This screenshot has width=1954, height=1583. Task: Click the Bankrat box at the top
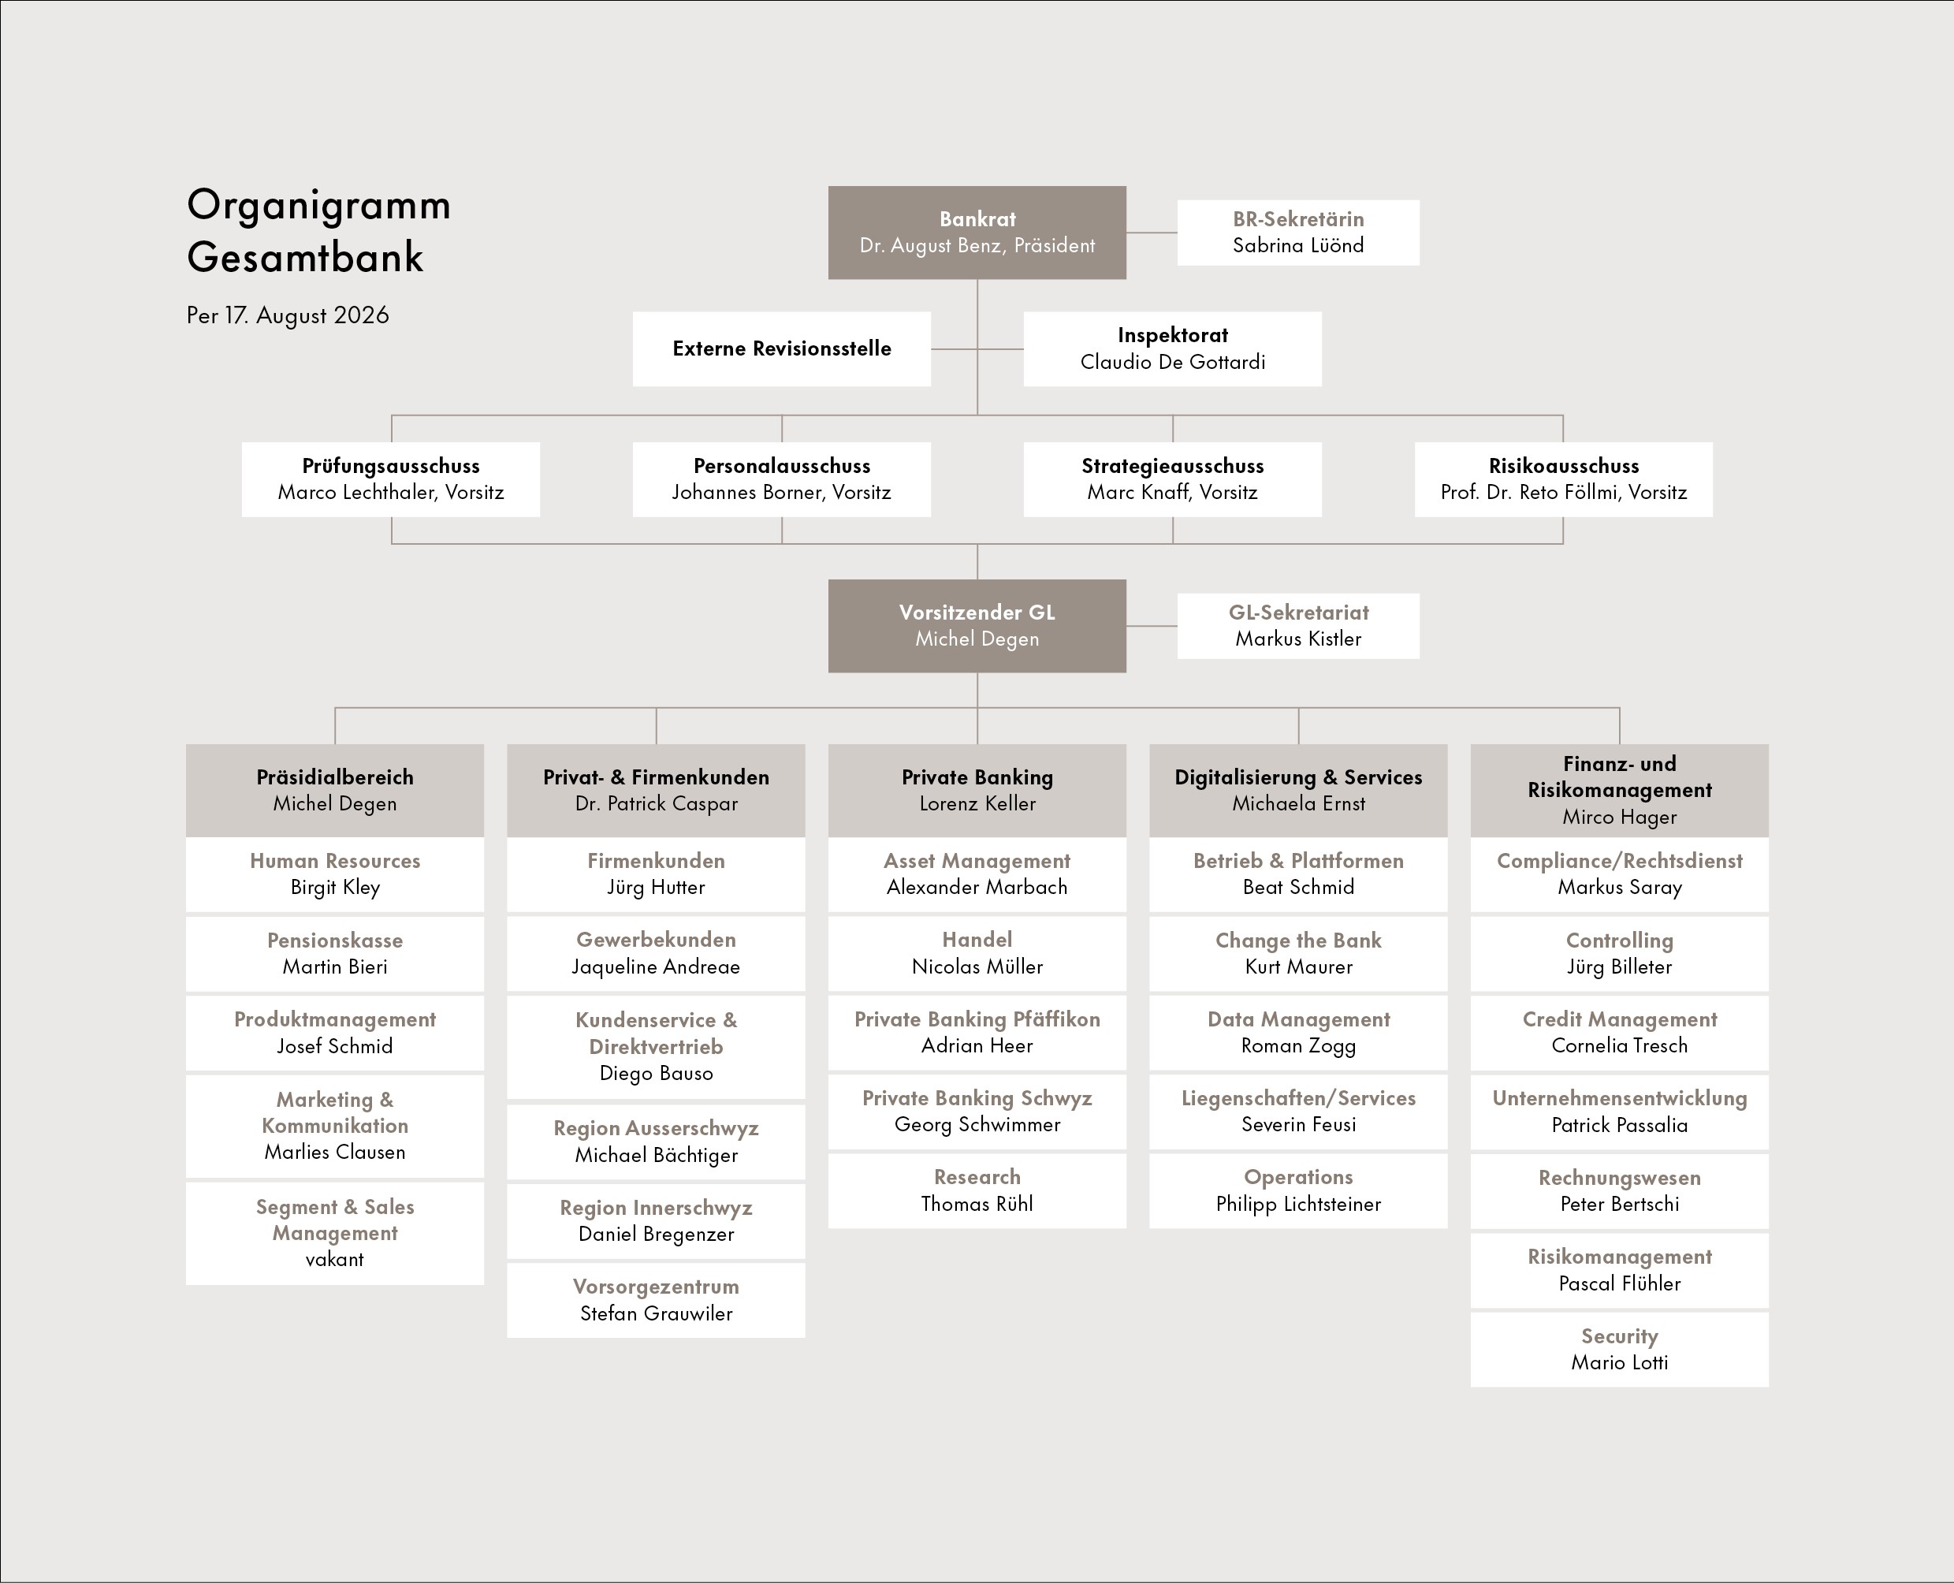coord(977,233)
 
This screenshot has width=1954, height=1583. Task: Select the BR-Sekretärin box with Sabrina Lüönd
coord(1297,233)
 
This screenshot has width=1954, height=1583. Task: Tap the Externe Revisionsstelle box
coord(781,348)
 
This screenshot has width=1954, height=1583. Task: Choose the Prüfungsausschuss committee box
coord(390,479)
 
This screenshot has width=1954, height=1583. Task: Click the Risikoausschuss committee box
coord(1563,479)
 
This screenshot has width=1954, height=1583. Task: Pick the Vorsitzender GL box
coord(977,625)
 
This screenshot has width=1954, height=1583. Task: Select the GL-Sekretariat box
coord(1297,625)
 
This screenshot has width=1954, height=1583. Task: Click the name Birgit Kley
coord(335,887)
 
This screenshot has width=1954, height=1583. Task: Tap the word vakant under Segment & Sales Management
coord(335,1259)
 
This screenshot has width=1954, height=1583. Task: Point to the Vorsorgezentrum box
coord(656,1300)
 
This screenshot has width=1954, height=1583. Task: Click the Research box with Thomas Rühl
coord(977,1190)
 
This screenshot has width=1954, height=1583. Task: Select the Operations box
coord(1297,1190)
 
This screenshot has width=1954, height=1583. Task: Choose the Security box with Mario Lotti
coord(1619,1350)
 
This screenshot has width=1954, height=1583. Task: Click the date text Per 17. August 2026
coord(287,315)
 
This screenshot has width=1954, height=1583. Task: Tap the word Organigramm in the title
coord(318,206)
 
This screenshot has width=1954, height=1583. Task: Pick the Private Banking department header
coord(977,791)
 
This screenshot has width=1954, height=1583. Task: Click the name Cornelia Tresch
coord(1619,1046)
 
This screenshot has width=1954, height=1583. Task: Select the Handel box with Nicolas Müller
coord(977,953)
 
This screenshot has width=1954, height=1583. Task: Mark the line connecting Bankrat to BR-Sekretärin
coord(1152,233)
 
